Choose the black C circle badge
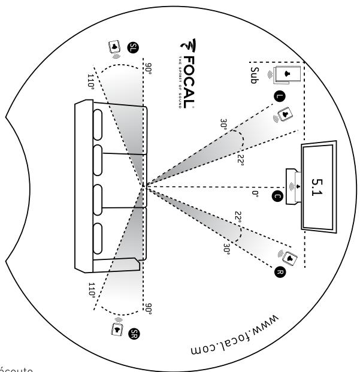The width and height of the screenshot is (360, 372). coord(276,195)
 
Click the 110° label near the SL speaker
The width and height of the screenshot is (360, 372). coord(90,81)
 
